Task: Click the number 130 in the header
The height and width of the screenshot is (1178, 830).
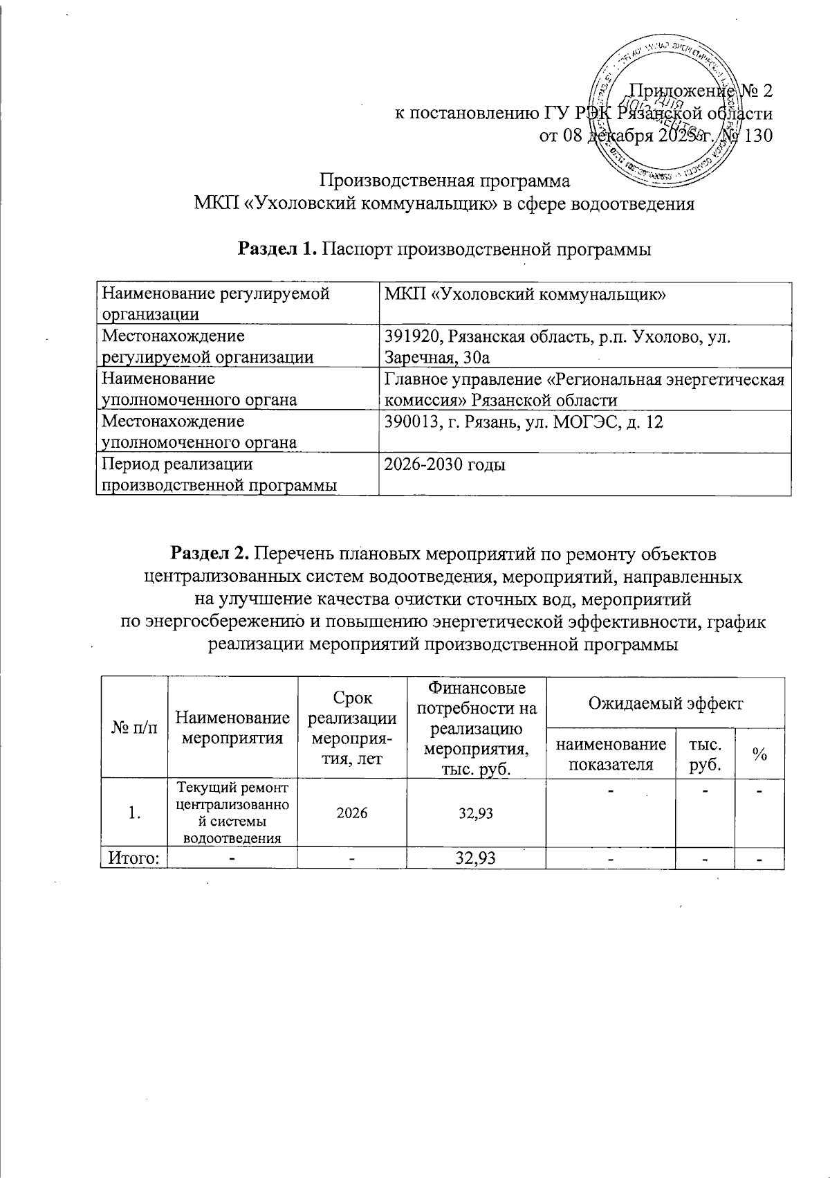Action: (x=758, y=136)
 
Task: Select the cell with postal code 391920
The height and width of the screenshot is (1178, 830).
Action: (x=584, y=346)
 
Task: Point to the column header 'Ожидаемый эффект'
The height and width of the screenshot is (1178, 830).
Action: (x=665, y=704)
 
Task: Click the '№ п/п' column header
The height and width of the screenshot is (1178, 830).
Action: (x=134, y=727)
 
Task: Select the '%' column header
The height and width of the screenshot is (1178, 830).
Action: (x=759, y=754)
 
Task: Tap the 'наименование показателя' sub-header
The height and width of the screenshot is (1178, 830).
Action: (x=610, y=754)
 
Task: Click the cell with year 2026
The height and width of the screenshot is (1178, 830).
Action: (x=351, y=813)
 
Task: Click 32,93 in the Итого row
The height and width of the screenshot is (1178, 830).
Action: (x=475, y=859)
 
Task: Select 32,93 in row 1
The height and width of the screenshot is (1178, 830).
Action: (x=475, y=813)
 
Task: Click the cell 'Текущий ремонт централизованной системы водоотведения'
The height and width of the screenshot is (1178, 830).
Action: (x=232, y=813)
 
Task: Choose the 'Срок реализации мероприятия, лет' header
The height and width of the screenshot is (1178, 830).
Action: (x=351, y=727)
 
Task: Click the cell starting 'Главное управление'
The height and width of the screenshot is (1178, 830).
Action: (x=584, y=389)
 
